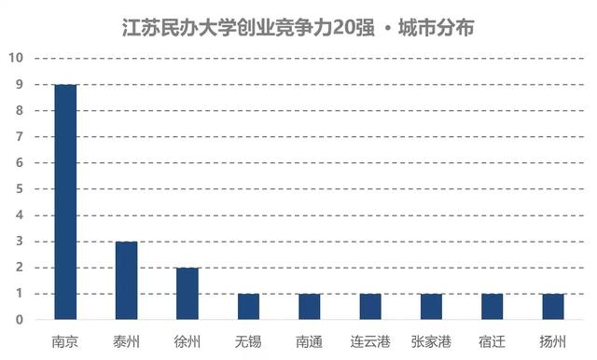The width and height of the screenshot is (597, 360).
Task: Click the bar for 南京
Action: pyautogui.click(x=64, y=202)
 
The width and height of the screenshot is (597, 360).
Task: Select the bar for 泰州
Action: pyautogui.click(x=126, y=281)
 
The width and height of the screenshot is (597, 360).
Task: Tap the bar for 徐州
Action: pyautogui.click(x=187, y=294)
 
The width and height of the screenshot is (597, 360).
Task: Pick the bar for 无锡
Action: pyautogui.click(x=248, y=307)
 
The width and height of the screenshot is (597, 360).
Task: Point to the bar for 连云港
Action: pyautogui.click(x=370, y=307)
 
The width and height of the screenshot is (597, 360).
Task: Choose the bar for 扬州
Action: pyautogui.click(x=553, y=307)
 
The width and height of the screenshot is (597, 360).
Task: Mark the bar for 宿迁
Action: pyautogui.click(x=493, y=307)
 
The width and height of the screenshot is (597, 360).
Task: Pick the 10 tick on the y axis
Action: pyautogui.click(x=16, y=59)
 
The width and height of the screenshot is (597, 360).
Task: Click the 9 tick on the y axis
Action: pyautogui.click(x=19, y=85)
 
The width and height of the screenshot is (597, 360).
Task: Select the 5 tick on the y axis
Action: pyautogui.click(x=19, y=189)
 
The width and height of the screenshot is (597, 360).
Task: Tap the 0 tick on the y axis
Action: pyautogui.click(x=19, y=320)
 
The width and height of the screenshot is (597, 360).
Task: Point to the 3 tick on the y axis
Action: pyautogui.click(x=19, y=242)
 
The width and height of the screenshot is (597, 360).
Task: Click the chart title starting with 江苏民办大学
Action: pyautogui.click(x=298, y=28)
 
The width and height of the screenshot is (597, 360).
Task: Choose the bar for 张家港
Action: pyautogui.click(x=431, y=307)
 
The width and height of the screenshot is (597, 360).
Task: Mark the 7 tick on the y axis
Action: pyautogui.click(x=19, y=137)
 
